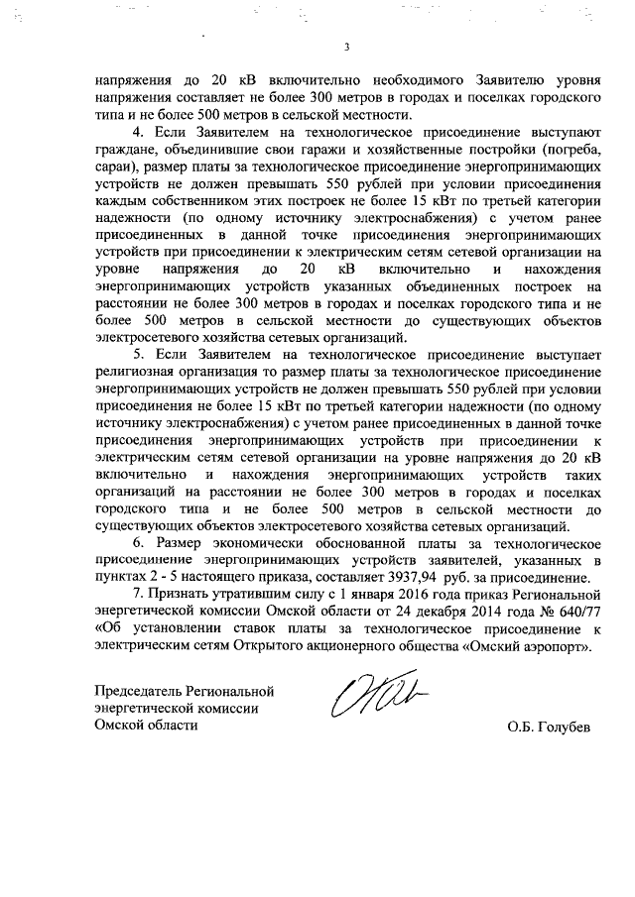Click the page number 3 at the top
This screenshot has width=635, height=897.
346,47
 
